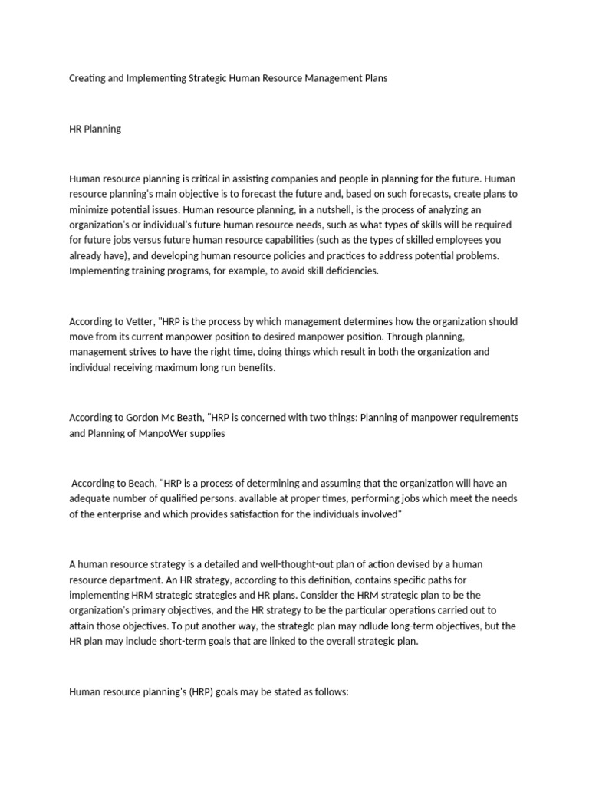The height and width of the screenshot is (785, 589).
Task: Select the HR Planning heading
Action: coord(95,129)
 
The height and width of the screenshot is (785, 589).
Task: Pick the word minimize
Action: coord(89,195)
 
